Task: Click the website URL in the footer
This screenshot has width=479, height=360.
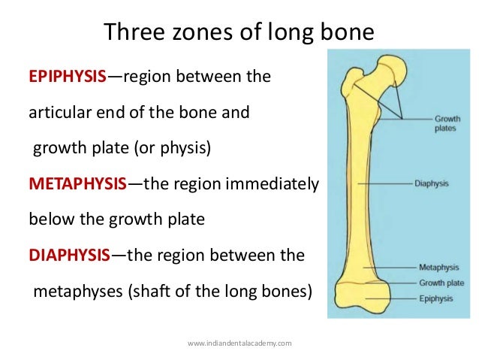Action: [239, 343]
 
